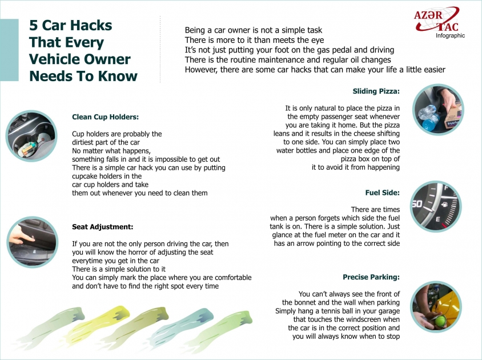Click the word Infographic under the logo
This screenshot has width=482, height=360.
pyautogui.click(x=450, y=35)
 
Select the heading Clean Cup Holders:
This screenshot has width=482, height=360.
pyautogui.click(x=106, y=117)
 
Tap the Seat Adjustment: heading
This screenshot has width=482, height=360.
pyautogui.click(x=103, y=226)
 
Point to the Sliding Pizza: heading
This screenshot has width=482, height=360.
pyautogui.click(x=376, y=91)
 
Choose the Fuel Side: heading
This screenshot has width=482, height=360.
pyautogui.click(x=382, y=193)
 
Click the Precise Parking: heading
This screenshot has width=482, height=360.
pyautogui.click(x=371, y=277)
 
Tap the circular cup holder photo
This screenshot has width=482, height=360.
pyautogui.click(x=26, y=136)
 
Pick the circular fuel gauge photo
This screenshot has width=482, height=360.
pyautogui.click(x=436, y=206)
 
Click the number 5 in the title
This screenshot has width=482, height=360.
pyautogui.click(x=33, y=26)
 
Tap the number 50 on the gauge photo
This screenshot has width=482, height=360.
pyautogui.click(x=417, y=204)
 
